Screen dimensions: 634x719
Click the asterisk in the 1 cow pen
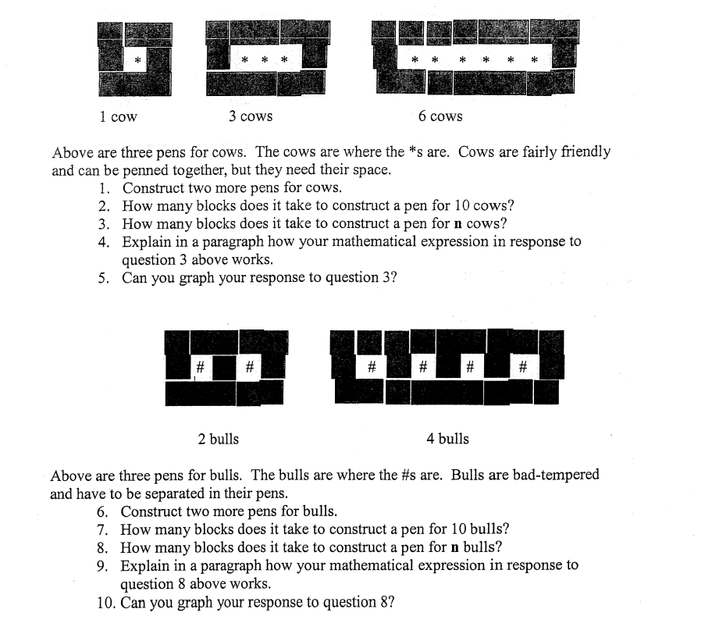coord(137,59)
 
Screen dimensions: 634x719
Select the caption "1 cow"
coord(118,117)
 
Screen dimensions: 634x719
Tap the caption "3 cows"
coord(251,116)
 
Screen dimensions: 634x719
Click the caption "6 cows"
coord(440,116)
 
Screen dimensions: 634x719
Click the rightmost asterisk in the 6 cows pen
coord(535,59)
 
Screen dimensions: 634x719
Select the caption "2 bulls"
coord(219,439)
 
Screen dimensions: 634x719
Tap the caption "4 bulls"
coord(448,439)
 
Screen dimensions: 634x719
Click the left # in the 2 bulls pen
coord(201,366)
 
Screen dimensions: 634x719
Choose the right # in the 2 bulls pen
coord(249,366)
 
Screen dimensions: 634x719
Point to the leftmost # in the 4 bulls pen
coord(372,365)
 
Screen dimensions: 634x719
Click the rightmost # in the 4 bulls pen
coord(523,365)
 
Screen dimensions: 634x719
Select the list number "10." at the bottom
coord(107,602)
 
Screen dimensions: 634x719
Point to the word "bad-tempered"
coord(560,475)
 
